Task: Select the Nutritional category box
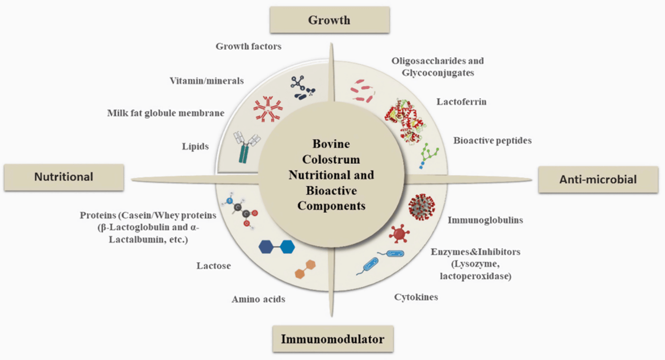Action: pos(63,177)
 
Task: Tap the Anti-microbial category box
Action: pos(598,180)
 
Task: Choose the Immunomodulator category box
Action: pos(332,340)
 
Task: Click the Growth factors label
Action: pos(248,46)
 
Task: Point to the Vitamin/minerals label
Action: pos(207,81)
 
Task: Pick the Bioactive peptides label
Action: pos(492,140)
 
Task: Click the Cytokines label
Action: pos(416,297)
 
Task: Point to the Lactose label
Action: pos(214,266)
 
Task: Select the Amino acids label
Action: pos(258,299)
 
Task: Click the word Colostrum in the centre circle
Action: pos(331,158)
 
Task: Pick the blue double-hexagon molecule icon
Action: pos(276,247)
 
